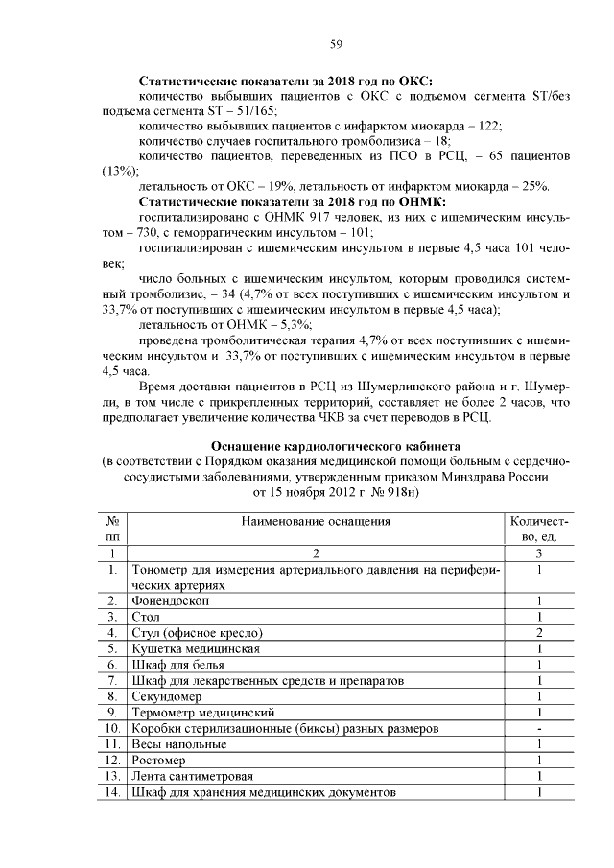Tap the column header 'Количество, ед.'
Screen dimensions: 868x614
(541, 528)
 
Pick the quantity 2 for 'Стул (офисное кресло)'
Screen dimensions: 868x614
(541, 632)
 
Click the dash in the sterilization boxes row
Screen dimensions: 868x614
(541, 728)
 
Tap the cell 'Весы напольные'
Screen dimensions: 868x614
(179, 744)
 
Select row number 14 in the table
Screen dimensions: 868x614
(112, 792)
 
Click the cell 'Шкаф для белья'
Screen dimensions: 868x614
(179, 665)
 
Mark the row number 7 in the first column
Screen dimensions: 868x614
(112, 680)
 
